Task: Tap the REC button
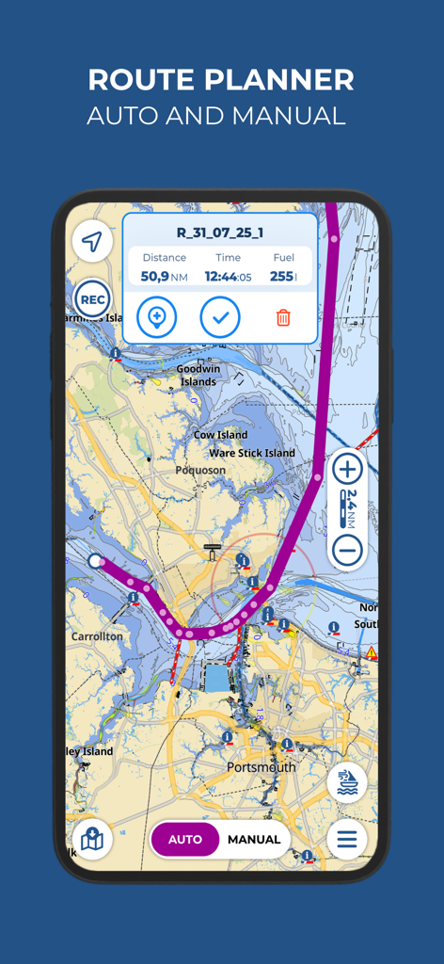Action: (x=92, y=300)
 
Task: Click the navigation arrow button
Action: (x=91, y=243)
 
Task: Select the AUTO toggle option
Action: (x=185, y=840)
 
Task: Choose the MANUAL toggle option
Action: (x=254, y=840)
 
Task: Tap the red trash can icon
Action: (x=283, y=317)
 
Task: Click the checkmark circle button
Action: (x=220, y=317)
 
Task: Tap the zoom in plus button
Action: (x=347, y=468)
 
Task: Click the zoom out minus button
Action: (x=347, y=551)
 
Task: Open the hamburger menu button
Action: (x=347, y=840)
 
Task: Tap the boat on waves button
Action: (x=347, y=783)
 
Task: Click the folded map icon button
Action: (x=92, y=840)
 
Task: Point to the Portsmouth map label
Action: (x=261, y=767)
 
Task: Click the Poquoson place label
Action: (x=200, y=470)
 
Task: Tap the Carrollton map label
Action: (x=97, y=636)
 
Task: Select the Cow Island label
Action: (x=220, y=435)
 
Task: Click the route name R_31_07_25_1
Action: (x=220, y=233)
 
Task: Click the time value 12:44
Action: (x=221, y=276)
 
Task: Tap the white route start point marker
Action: (x=95, y=562)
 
